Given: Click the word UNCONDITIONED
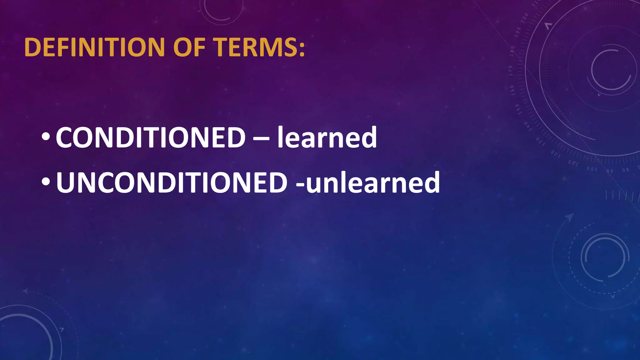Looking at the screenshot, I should tap(172, 183).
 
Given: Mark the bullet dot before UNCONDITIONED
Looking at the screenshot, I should tap(45, 182).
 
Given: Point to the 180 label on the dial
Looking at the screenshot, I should tap(512, 51).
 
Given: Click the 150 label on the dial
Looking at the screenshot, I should tap(517, 109).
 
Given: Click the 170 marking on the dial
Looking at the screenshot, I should tap(510, 71).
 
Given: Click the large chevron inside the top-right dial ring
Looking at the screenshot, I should tap(548, 26).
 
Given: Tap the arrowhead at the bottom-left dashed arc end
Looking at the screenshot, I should tap(25, 291).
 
